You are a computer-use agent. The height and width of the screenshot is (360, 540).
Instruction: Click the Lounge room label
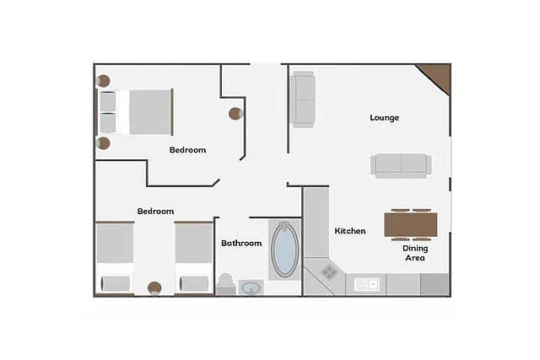385,118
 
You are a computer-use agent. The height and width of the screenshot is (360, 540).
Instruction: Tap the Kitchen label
350,231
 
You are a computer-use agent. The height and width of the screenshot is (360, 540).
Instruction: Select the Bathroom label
241,243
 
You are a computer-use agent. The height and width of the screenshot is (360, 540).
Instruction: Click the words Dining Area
415,253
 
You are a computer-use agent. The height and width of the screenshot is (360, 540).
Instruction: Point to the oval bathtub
285,250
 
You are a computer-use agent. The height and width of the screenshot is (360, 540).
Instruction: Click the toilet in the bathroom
225,284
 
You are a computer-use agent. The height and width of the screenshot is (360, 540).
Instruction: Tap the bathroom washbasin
251,287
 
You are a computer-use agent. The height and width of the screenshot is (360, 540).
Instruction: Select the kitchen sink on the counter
367,285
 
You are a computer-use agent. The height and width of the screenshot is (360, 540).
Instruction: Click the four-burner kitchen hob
329,271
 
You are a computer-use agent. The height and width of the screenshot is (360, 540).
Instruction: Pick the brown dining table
411,225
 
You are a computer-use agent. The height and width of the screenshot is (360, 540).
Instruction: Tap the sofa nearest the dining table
401,165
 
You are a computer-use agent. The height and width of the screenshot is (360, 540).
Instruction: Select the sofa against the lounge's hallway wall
302,99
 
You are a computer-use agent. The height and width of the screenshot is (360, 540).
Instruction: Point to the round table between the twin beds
154,288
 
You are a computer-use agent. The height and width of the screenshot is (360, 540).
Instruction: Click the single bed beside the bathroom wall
194,258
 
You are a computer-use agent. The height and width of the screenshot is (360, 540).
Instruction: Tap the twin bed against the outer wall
115,258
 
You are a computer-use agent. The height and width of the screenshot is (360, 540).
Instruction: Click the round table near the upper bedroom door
235,113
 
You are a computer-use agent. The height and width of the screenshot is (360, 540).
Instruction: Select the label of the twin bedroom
155,211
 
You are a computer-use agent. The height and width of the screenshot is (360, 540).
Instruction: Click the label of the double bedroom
187,150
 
